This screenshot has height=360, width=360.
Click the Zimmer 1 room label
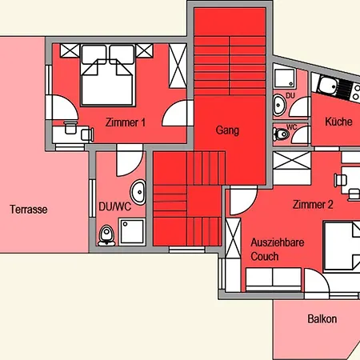(125, 122)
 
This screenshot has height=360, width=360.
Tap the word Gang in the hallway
(227, 130)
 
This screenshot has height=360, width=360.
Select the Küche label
(339, 122)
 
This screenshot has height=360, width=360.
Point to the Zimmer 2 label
(312, 204)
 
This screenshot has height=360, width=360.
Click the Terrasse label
(29, 210)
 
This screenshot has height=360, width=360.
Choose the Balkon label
(322, 319)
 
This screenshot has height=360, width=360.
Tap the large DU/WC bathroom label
(114, 206)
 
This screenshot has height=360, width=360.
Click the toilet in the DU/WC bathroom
(106, 234)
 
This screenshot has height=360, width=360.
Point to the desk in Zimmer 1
(67, 130)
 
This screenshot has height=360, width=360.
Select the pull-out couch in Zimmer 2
(272, 278)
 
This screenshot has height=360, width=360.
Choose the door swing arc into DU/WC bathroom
(127, 164)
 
